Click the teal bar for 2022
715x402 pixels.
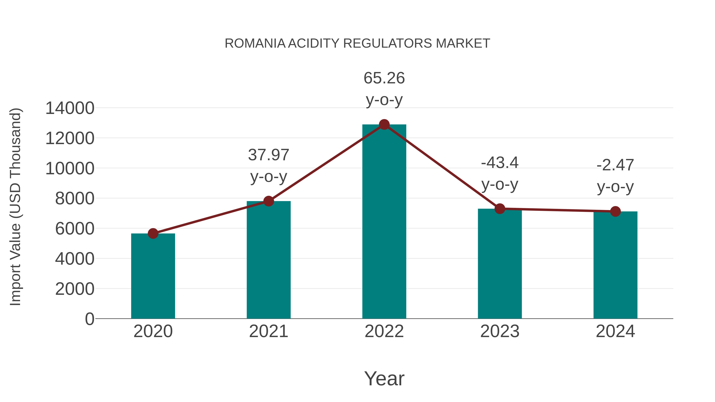click(384, 222)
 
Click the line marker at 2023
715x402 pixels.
click(500, 209)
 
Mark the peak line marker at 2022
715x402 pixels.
click(384, 124)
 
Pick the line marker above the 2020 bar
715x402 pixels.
click(153, 234)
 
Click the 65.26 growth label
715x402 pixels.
click(384, 78)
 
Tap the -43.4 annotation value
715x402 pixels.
click(500, 163)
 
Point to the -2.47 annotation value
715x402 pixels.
click(615, 165)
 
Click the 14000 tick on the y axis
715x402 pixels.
click(70, 108)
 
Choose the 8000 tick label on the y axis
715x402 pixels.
click(75, 199)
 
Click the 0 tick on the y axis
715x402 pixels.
click(90, 319)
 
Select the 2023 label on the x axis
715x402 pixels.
click(500, 331)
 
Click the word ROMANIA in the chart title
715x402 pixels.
click(255, 43)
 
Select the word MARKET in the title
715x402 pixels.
click(463, 43)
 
